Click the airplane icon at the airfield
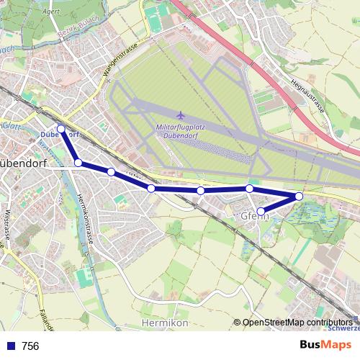click(180, 114)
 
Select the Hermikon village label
click(166, 323)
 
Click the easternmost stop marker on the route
click(299, 196)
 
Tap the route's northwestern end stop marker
click(61, 130)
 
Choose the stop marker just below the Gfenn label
click(261, 211)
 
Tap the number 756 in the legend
click(30, 346)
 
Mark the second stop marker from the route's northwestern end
click(78, 163)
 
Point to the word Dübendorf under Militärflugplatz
click(181, 137)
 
